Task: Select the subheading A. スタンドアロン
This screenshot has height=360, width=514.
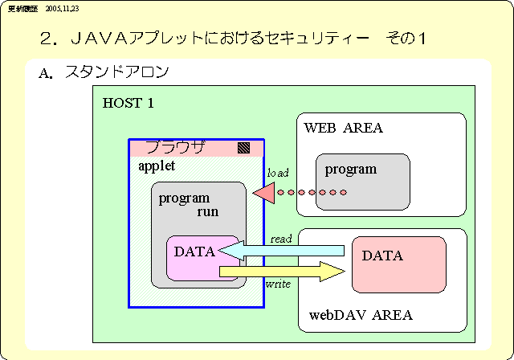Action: [104, 73]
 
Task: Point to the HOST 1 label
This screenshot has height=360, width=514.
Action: [128, 104]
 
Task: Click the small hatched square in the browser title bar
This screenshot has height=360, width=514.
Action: [243, 148]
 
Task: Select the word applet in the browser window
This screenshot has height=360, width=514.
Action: [157, 166]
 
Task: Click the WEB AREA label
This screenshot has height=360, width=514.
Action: [343, 128]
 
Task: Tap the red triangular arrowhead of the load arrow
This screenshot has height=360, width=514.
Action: [263, 193]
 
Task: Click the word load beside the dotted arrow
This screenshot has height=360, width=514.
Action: [278, 173]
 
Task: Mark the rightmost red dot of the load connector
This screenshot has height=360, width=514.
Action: [343, 193]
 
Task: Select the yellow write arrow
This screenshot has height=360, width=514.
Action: [281, 272]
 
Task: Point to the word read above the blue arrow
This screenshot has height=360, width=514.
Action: [281, 239]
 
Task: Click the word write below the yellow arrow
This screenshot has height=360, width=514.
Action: [278, 284]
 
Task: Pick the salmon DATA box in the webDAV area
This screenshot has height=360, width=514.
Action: [398, 264]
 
